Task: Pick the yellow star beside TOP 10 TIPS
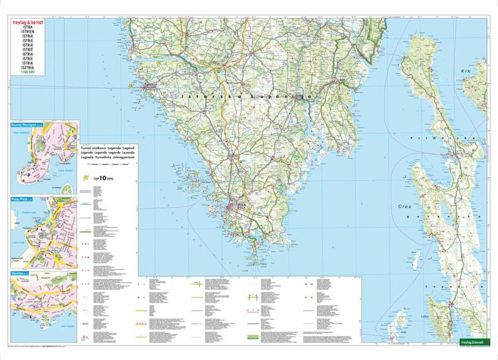pyautogui.click(x=86, y=179)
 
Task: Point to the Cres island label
pyautogui.click(x=405, y=206)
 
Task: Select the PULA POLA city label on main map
pyautogui.click(x=240, y=206)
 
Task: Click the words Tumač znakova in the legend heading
pyautogui.click(x=98, y=148)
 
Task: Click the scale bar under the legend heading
pyautogui.click(x=107, y=166)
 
